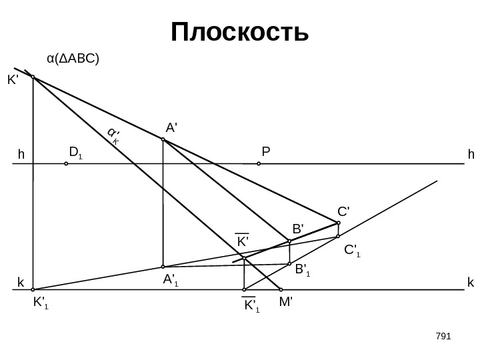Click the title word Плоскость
click(x=240, y=31)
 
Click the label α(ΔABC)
click(x=73, y=59)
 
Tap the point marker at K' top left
click(x=33, y=77)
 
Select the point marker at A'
click(x=163, y=140)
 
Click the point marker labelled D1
click(x=66, y=162)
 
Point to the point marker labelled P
click(x=259, y=162)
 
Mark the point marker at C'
click(x=339, y=223)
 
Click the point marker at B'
click(x=289, y=241)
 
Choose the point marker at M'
click(x=281, y=290)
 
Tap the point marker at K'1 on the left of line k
click(x=33, y=290)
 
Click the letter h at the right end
click(x=471, y=155)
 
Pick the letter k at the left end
click(x=20, y=283)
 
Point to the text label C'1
click(x=352, y=251)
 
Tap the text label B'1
click(x=303, y=270)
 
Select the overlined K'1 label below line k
click(x=251, y=306)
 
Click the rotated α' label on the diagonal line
click(x=113, y=137)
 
